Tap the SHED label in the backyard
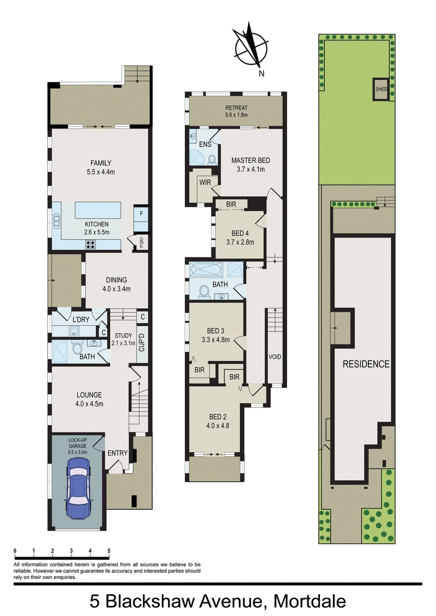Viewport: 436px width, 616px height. click(381, 89)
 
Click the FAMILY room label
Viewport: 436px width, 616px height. click(101, 163)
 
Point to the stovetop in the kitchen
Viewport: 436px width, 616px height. click(91, 245)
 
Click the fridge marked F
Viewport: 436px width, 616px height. click(141, 214)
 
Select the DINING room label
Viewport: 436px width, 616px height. click(117, 280)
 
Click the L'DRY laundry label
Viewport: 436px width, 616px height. click(81, 320)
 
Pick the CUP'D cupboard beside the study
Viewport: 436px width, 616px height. click(142, 343)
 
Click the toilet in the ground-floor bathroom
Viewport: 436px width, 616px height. click(77, 347)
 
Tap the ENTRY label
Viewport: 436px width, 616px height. click(118, 453)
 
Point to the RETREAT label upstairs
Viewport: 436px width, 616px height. click(237, 108)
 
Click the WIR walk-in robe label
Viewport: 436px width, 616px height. click(205, 182)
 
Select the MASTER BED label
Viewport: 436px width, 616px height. click(251, 160)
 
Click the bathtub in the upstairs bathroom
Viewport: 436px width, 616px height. click(206, 270)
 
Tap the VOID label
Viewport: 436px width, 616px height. click(275, 357)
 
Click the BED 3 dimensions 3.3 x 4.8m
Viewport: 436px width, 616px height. click(215, 340)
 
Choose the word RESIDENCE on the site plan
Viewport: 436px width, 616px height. click(366, 364)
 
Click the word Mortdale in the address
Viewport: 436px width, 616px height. click(310, 601)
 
